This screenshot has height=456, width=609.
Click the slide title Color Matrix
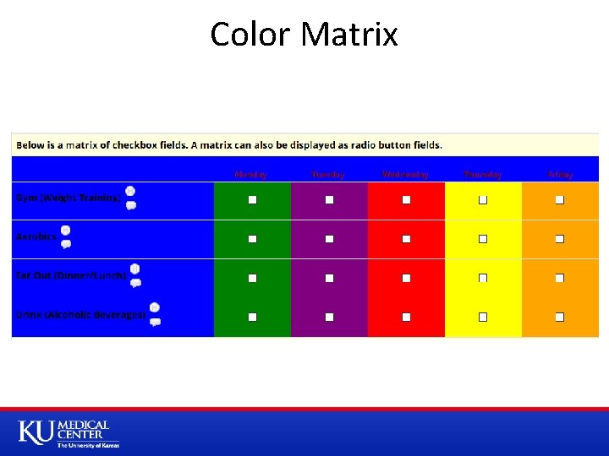304,35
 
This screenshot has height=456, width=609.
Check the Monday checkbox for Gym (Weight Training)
252,200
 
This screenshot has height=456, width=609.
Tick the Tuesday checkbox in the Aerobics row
329,239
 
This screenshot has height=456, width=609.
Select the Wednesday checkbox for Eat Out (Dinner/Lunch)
406,278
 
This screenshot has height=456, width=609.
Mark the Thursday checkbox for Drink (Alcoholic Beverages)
483,317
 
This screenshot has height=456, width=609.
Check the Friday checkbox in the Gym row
560,200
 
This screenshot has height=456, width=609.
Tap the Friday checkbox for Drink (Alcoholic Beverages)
560,317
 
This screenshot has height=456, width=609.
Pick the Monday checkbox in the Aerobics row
252,239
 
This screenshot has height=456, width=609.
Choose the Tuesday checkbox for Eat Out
329,278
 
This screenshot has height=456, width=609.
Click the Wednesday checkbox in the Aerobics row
406,239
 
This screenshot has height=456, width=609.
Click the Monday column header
251,174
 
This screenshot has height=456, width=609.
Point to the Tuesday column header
328,174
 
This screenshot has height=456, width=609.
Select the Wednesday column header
405,174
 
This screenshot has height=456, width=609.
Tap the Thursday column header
482,174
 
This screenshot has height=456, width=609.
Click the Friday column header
560,174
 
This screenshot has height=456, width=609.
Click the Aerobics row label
36,236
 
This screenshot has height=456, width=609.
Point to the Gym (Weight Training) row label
68,198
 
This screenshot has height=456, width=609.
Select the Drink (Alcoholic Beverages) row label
80,314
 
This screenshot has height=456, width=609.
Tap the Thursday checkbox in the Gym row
483,200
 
